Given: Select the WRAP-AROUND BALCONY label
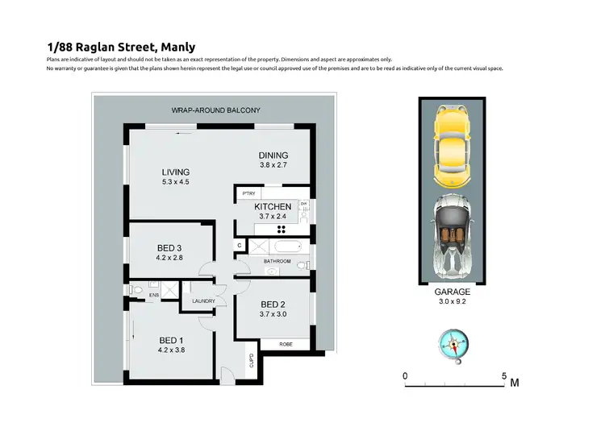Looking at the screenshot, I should pos(215,110).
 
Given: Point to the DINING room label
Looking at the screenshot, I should pos(273,155).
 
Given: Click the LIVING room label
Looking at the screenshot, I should pos(175,172).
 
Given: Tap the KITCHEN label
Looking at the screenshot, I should pos(273,207).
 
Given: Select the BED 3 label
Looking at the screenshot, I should pos(170,247).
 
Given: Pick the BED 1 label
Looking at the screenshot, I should pos(172,340).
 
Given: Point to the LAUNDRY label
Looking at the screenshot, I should pos(202,301).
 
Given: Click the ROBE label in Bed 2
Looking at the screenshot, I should pos(286,344).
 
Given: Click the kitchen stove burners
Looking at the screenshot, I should pos(282,228).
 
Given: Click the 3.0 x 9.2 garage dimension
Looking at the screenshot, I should pos(452,303).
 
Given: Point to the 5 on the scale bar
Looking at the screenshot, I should pos(503,375).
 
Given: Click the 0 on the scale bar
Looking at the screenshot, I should pos(406,375).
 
